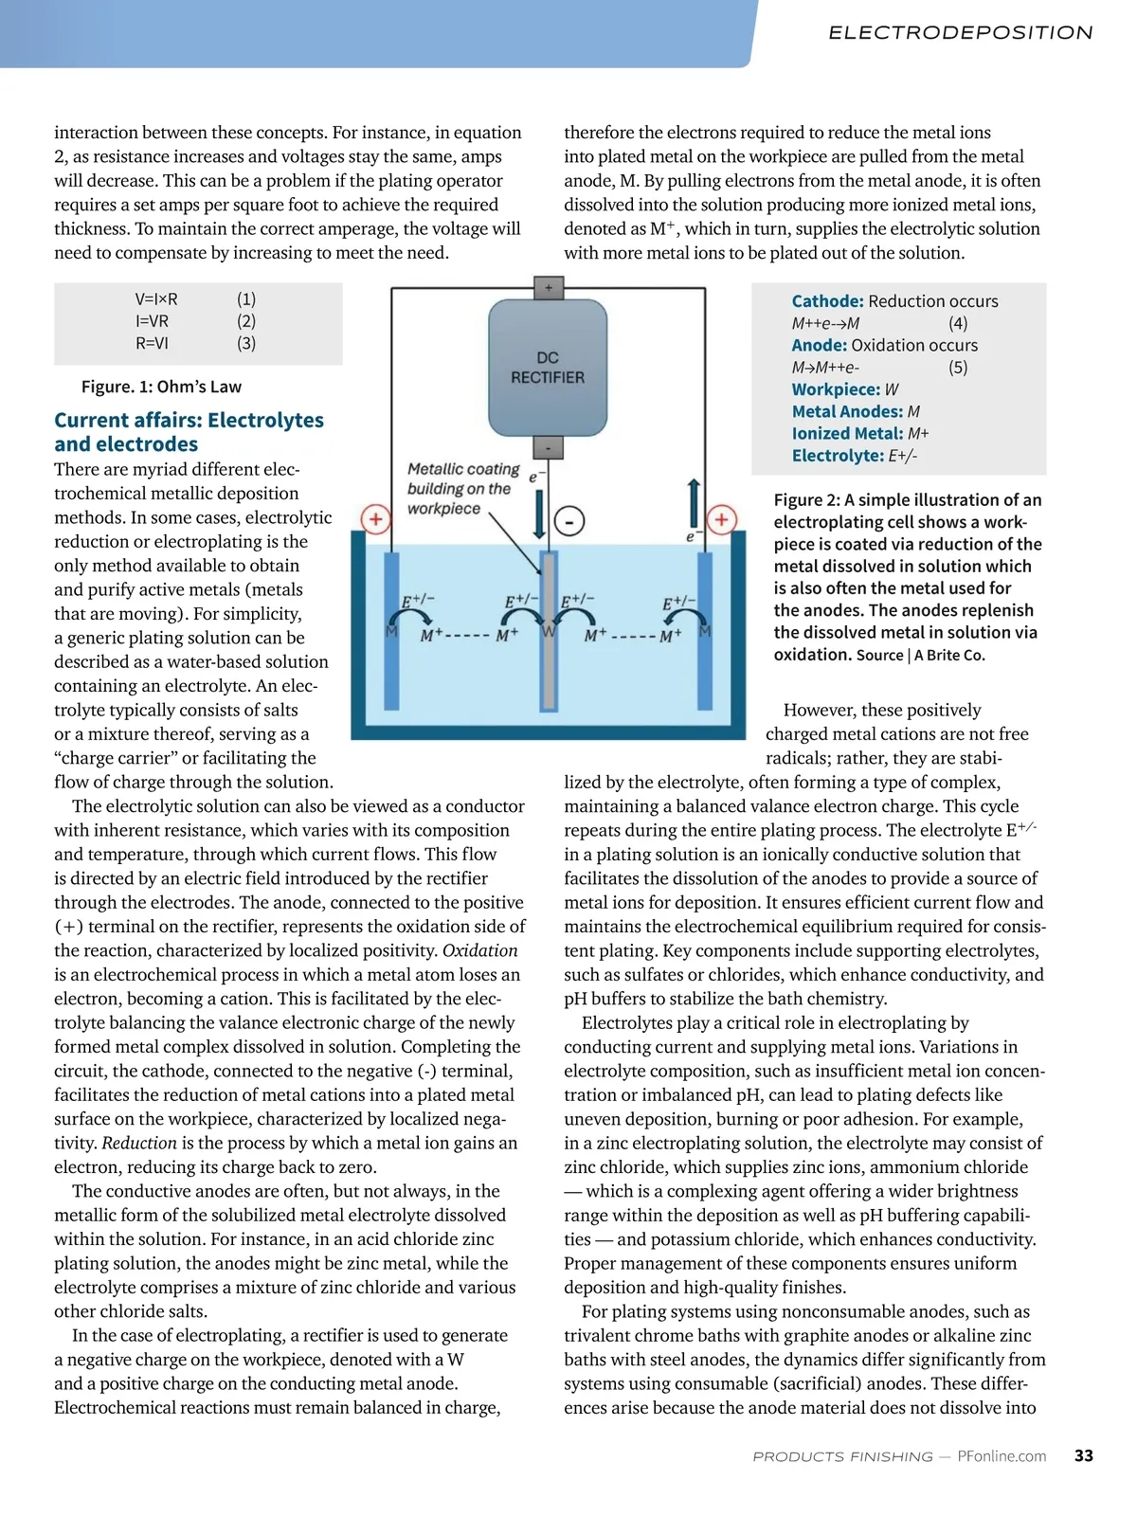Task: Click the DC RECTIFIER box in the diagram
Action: point(548,367)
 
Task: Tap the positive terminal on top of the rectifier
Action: point(548,287)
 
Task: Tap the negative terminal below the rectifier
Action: point(548,447)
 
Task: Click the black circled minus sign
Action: point(569,520)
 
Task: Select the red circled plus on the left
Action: point(376,518)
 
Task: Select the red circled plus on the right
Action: point(722,518)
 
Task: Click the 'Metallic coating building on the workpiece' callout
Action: point(462,489)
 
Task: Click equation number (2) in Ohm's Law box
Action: point(246,321)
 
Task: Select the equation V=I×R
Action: point(156,299)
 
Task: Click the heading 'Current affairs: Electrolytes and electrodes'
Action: point(189,432)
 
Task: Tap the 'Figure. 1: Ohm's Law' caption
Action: point(161,387)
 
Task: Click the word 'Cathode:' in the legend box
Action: point(827,301)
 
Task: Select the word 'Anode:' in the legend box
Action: point(819,346)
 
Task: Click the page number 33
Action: point(1084,1455)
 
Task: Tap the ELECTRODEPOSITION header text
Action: point(961,33)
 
